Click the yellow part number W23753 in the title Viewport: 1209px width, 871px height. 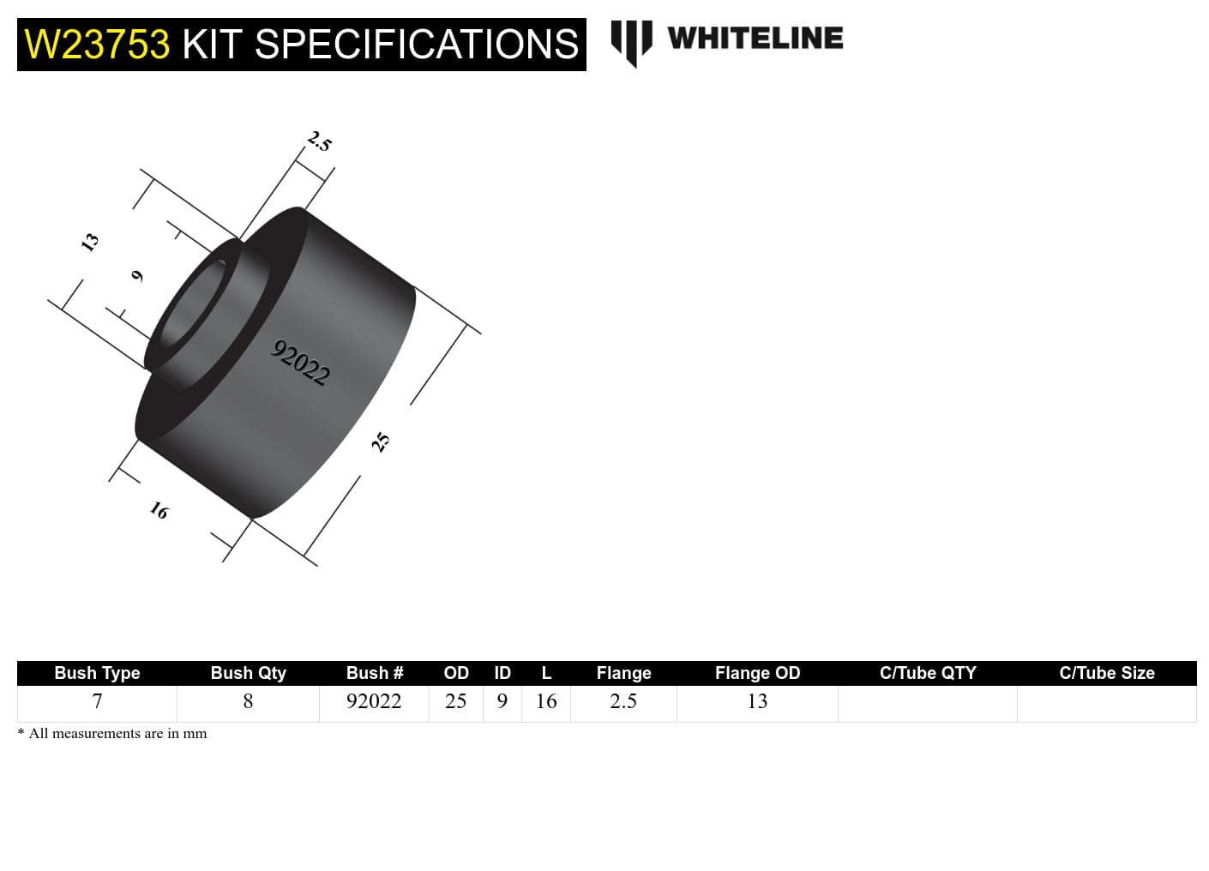(97, 45)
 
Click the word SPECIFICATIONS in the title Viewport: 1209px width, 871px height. (417, 45)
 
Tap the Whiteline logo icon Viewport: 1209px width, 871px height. (631, 42)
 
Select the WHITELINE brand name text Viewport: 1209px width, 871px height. (755, 38)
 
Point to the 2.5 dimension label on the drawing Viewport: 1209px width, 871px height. (320, 141)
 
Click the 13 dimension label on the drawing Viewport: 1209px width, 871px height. (89, 242)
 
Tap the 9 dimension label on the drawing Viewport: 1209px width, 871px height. (137, 275)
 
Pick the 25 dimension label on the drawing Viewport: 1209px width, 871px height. (380, 442)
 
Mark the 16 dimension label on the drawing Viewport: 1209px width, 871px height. (159, 511)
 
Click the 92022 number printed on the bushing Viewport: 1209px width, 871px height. (300, 363)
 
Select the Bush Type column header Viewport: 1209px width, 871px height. (97, 673)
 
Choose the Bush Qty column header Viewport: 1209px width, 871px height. (248, 673)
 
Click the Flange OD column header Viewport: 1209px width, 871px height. (757, 673)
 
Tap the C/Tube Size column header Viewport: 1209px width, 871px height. (1106, 673)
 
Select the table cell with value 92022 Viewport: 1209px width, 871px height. (374, 701)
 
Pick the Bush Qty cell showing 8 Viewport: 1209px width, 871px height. (248, 701)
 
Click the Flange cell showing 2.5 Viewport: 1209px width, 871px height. (623, 701)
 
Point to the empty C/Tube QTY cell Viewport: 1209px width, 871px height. (927, 703)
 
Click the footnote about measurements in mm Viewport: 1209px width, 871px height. (112, 733)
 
